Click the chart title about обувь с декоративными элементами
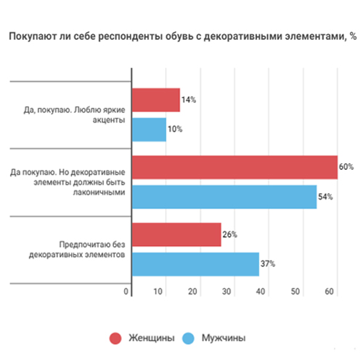[x=181, y=36]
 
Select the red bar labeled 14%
[x=155, y=100]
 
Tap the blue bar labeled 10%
[x=149, y=129]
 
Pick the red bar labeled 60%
[x=234, y=167]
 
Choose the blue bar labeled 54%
[x=224, y=197]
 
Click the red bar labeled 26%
[x=176, y=234]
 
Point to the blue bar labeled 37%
[x=195, y=264]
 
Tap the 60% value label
[x=346, y=166]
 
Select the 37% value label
[x=268, y=264]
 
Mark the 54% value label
[x=325, y=197]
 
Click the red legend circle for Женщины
[x=115, y=338]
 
